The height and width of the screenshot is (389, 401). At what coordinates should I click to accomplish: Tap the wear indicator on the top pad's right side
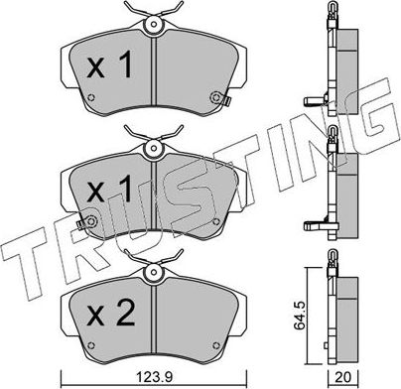pyautogui.click(x=220, y=97)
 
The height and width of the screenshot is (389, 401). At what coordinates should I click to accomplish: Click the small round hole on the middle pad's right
pyautogui.click(x=214, y=217)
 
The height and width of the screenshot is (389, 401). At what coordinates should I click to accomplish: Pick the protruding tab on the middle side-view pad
pyautogui.click(x=314, y=219)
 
